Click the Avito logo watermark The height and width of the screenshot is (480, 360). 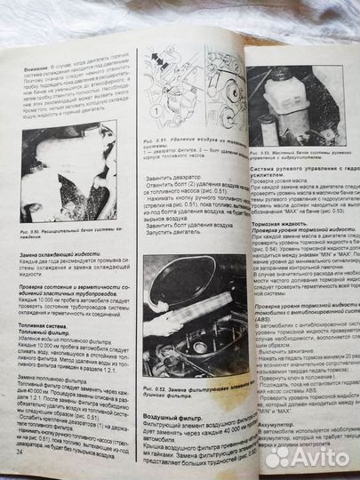[308, 454]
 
